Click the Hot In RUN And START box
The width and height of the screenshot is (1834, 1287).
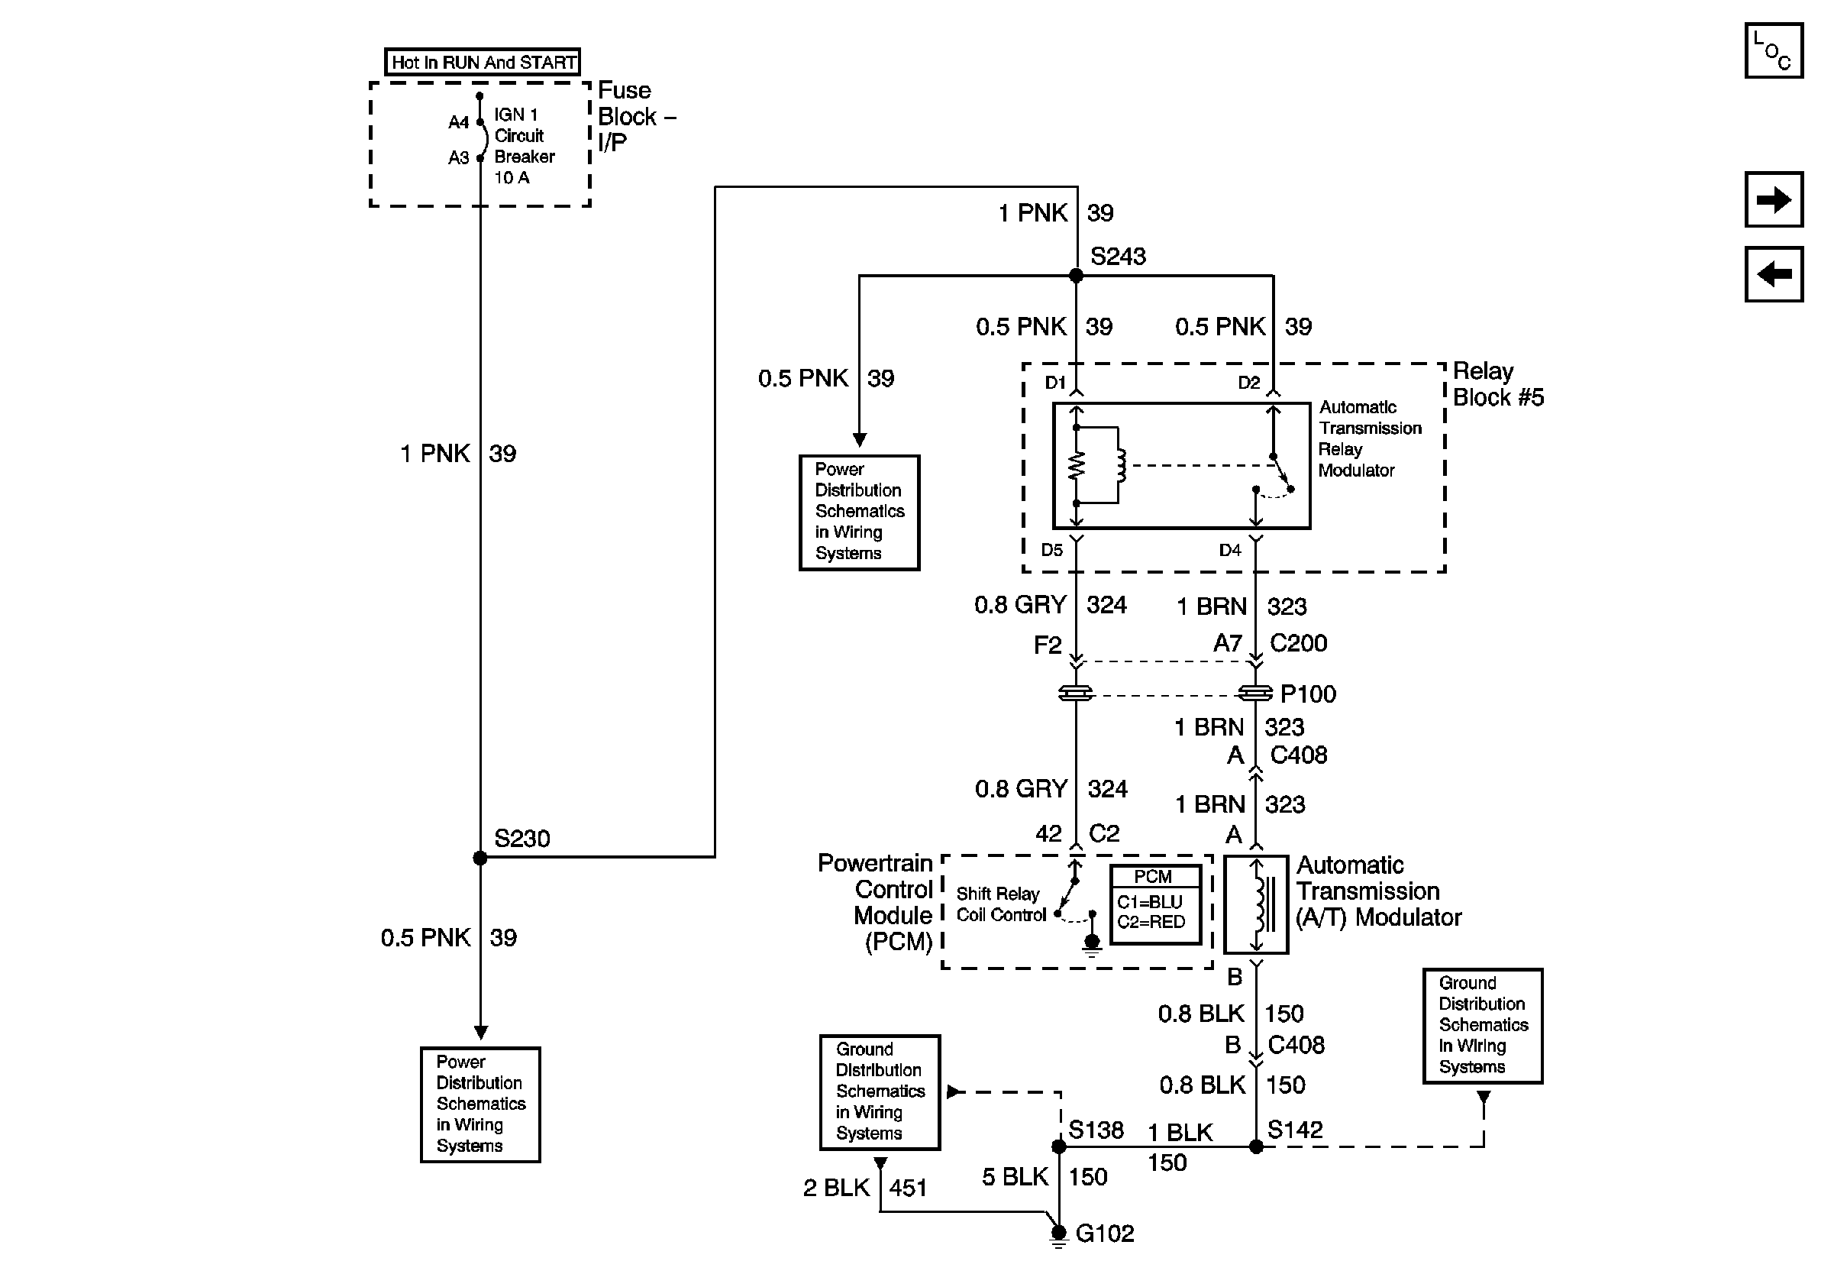click(483, 63)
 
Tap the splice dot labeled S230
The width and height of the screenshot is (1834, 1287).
click(480, 858)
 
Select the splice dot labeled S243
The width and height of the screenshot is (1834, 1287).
click(1076, 276)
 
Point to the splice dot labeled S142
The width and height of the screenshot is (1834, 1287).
click(1256, 1146)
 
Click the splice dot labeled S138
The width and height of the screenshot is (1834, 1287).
click(1058, 1146)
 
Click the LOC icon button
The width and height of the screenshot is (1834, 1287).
click(1773, 51)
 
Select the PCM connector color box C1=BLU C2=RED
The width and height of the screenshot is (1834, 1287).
click(1155, 904)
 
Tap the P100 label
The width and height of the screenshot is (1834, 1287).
click(1308, 694)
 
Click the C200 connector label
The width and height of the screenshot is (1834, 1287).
click(1298, 643)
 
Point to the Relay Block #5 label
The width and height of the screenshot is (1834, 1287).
click(1498, 384)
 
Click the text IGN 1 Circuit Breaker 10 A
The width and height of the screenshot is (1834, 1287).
click(523, 146)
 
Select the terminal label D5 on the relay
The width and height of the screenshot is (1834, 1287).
click(1052, 550)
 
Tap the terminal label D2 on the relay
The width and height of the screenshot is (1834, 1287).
click(1248, 383)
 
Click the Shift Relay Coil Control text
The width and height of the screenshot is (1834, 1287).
click(1000, 904)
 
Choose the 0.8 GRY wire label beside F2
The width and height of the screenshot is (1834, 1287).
click(1020, 605)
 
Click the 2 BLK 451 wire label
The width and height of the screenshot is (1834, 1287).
click(864, 1188)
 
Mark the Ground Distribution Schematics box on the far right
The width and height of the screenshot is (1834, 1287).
click(1483, 1026)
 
